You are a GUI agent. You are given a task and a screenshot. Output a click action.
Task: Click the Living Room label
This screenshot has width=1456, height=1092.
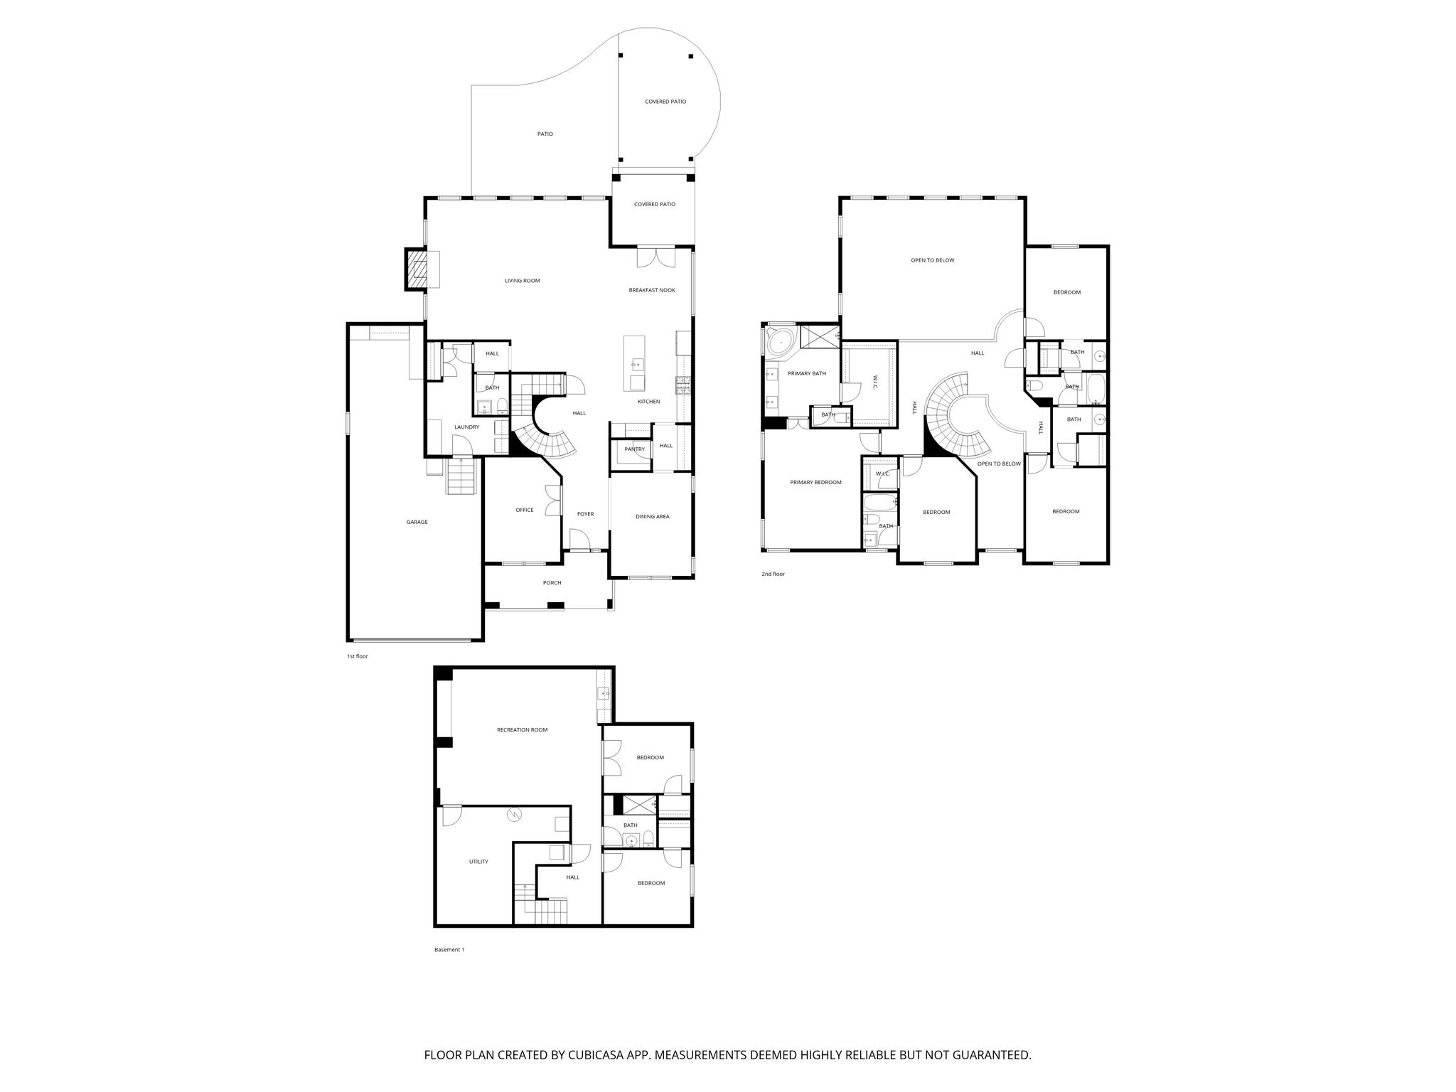[x=523, y=281]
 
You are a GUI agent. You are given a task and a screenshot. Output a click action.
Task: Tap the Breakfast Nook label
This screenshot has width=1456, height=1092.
[x=652, y=290]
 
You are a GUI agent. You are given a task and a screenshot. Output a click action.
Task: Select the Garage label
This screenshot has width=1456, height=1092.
[x=417, y=522]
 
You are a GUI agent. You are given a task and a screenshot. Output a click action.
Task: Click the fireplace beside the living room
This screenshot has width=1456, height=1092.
[x=417, y=269]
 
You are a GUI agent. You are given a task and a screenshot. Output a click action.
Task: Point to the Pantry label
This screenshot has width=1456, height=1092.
[x=635, y=449]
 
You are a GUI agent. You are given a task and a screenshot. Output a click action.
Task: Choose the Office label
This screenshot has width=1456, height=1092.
[x=525, y=510]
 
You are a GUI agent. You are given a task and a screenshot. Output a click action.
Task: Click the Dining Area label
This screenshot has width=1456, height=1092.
[x=653, y=517]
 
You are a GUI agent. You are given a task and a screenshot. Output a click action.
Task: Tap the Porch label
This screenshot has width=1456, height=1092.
[x=552, y=583]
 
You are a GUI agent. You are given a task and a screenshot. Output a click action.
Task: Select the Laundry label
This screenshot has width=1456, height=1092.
[x=467, y=427]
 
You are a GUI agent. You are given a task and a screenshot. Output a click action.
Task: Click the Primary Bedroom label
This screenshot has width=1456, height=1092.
[x=816, y=483]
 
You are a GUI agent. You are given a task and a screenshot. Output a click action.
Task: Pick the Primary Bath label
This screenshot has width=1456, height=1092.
[x=807, y=373]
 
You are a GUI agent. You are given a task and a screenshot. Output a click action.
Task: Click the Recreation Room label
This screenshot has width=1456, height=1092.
[x=523, y=730]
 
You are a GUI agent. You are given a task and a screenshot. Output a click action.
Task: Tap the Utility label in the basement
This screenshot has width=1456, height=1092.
[x=478, y=862]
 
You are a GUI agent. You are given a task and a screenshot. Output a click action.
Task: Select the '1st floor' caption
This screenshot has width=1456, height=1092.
[x=358, y=656]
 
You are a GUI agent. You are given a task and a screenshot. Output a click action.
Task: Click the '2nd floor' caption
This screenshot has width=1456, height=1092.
[x=773, y=574]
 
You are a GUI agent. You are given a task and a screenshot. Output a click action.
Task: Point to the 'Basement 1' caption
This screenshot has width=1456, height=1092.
[x=449, y=950]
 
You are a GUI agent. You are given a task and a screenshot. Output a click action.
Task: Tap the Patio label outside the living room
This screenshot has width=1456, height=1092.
[x=545, y=134]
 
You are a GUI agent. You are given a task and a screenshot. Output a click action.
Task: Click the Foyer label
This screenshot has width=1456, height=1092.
[x=585, y=514]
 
